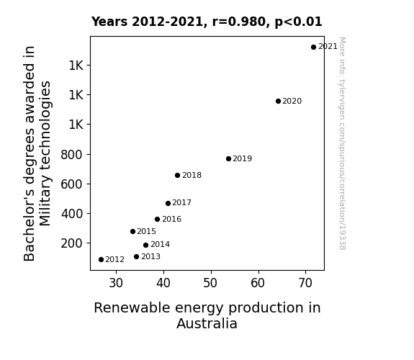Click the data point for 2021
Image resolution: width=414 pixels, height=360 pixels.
tap(313, 48)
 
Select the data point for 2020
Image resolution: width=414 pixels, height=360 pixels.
tap(278, 101)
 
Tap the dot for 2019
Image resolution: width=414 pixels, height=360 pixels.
tap(228, 158)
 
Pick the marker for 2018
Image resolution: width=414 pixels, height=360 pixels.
tap(177, 176)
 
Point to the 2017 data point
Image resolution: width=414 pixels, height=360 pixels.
tap(168, 203)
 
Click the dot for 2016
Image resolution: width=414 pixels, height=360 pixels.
tap(157, 219)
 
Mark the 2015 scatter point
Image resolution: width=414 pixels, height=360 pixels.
tap(132, 231)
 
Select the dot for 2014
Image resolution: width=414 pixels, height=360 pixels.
tap(145, 245)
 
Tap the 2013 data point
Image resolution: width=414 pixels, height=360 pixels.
tap(136, 257)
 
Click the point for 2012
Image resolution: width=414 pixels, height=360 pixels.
tap(101, 260)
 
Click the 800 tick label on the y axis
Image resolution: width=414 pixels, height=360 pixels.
tap(71, 155)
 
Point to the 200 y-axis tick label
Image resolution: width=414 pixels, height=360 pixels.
tap(71, 243)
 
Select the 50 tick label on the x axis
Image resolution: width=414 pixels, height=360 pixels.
tap(210, 283)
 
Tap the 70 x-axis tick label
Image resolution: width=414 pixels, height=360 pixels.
tap(305, 283)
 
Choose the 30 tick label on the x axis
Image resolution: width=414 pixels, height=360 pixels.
tap(116, 283)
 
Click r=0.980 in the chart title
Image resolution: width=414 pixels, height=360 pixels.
tap(239, 22)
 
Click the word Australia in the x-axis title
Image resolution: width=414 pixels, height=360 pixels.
tap(207, 323)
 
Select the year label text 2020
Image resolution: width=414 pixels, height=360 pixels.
tap(292, 101)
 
